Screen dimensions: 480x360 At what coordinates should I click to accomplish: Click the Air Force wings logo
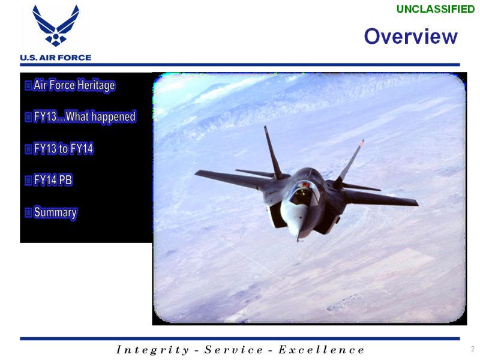click(x=56, y=26)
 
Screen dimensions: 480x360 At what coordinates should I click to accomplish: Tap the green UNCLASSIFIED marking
click(x=436, y=9)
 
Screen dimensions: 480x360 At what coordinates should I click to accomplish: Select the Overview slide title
click(x=410, y=37)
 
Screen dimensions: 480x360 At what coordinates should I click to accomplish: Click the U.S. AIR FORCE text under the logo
click(x=56, y=58)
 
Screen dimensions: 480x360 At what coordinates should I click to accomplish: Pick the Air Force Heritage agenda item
click(x=74, y=85)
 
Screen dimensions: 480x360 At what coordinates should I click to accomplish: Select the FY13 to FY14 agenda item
click(x=64, y=149)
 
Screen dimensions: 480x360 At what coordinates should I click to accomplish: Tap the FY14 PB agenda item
click(x=53, y=180)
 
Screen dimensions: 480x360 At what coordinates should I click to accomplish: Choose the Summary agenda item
click(x=55, y=212)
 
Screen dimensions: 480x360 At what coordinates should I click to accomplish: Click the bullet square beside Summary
click(x=28, y=212)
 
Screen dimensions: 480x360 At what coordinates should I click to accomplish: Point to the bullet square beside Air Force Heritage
click(x=28, y=85)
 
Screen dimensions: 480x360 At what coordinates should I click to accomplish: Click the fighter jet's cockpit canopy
click(x=305, y=193)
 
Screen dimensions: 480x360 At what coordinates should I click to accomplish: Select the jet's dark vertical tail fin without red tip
click(x=273, y=152)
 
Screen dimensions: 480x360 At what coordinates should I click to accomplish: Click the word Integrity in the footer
click(x=152, y=350)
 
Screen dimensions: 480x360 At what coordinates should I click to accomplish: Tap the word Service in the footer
click(x=233, y=350)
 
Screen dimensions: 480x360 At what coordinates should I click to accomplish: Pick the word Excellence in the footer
click(x=321, y=350)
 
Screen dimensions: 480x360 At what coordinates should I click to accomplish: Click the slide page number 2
click(x=473, y=349)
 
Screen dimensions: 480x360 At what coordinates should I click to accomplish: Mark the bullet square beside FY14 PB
click(x=28, y=181)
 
